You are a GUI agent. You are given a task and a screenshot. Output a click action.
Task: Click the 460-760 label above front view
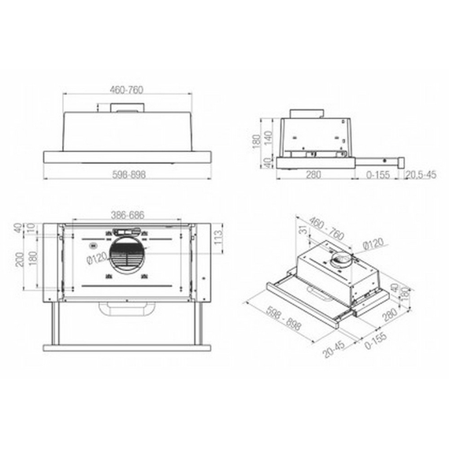(126, 91)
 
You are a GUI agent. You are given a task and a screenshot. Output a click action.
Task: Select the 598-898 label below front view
(126, 175)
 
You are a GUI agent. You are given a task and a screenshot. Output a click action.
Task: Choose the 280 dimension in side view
(313, 175)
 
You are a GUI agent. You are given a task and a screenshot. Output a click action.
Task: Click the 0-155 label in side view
(381, 175)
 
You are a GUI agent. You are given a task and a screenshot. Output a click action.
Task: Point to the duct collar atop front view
(126, 111)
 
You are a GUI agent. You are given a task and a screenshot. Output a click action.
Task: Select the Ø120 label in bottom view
(94, 260)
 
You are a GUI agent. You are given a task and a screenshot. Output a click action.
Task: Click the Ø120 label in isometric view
(374, 244)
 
